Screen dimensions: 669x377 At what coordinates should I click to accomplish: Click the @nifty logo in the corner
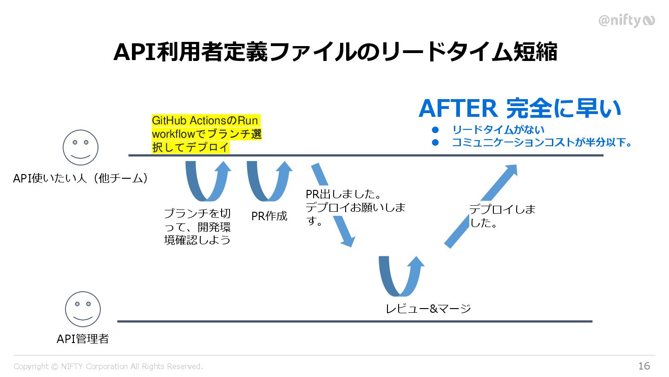[626, 20]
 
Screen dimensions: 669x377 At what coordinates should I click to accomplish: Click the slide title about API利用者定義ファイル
[335, 52]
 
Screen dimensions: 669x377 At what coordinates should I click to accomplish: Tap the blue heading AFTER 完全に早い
[519, 108]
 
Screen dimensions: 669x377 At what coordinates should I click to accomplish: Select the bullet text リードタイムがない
[498, 130]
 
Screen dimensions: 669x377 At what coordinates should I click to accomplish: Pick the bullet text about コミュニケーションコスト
[542, 142]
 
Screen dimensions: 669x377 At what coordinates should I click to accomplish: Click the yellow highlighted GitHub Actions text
[206, 134]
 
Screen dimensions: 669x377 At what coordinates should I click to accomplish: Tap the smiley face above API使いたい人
[80, 148]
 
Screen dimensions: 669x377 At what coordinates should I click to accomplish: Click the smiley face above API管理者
[83, 309]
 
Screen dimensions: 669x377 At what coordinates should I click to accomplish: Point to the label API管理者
[83, 339]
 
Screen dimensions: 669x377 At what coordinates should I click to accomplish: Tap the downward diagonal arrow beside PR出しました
[333, 205]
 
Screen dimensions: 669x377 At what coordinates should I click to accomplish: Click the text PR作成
[269, 216]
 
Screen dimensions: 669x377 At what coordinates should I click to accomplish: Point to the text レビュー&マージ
[428, 308]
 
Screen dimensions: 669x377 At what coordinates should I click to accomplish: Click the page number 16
[644, 366]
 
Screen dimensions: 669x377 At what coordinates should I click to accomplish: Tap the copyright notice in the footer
[108, 367]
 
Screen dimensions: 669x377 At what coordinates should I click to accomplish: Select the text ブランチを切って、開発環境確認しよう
[197, 227]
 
